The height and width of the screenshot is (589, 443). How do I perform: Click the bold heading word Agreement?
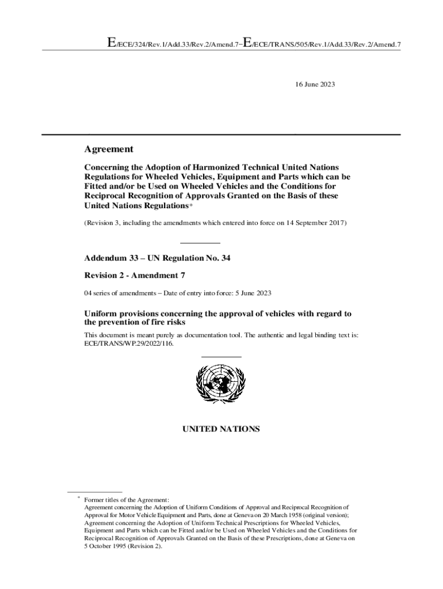(109, 149)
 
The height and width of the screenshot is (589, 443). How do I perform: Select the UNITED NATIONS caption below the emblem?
(221, 429)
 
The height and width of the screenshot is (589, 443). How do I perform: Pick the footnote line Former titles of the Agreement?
(127, 500)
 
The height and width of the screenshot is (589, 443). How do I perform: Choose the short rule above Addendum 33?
(200, 243)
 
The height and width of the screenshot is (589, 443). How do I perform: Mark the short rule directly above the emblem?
(221, 357)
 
